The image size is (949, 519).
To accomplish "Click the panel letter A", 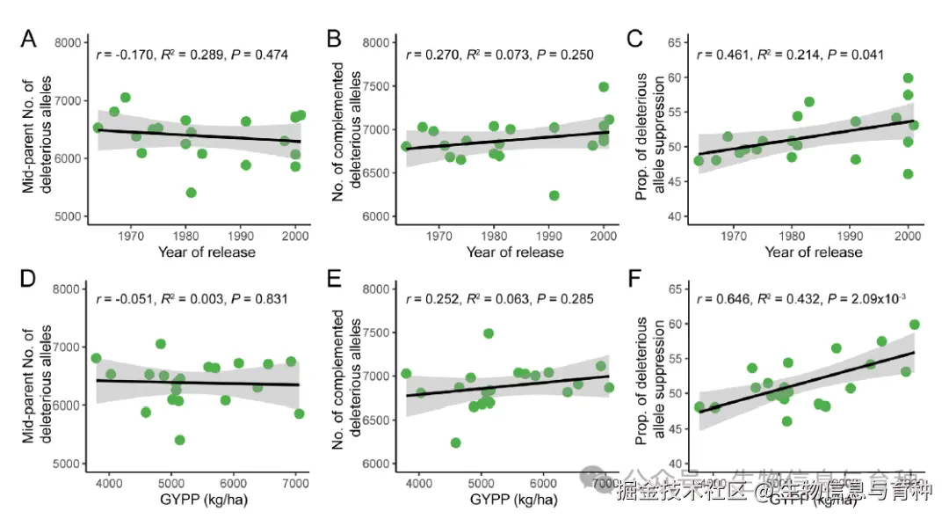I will [x=28, y=40].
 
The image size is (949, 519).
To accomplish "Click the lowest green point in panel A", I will [x=191, y=193].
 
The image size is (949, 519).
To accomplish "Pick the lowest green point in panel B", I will [x=554, y=195].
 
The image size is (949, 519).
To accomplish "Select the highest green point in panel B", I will [x=604, y=87].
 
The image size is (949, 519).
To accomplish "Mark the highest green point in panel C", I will [x=909, y=78].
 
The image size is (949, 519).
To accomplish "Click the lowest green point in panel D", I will [x=179, y=440].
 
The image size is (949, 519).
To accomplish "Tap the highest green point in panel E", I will [x=489, y=333].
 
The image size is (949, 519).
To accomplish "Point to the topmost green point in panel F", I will [x=914, y=325].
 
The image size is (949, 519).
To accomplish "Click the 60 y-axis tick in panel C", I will [x=677, y=77].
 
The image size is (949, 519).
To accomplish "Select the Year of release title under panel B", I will [x=515, y=252].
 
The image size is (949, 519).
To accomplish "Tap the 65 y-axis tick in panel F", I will [x=677, y=289].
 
